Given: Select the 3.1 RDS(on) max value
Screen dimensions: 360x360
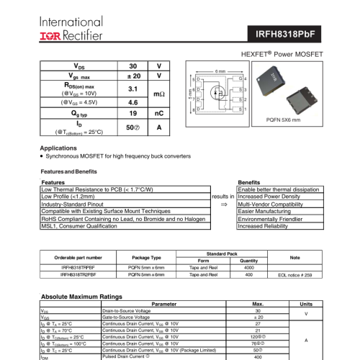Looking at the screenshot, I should (x=132, y=89).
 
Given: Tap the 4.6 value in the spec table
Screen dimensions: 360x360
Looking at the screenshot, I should (x=132, y=102).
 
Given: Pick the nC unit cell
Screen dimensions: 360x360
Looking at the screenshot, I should (x=159, y=114).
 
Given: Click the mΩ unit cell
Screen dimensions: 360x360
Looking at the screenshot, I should (x=159, y=95).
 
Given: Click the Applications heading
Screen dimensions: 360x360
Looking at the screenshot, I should (x=63, y=148).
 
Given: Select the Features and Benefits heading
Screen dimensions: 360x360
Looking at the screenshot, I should (x=68, y=172).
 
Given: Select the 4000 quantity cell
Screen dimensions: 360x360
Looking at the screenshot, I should (x=248, y=267).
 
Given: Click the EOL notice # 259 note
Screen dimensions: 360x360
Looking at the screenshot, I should (x=295, y=274).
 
